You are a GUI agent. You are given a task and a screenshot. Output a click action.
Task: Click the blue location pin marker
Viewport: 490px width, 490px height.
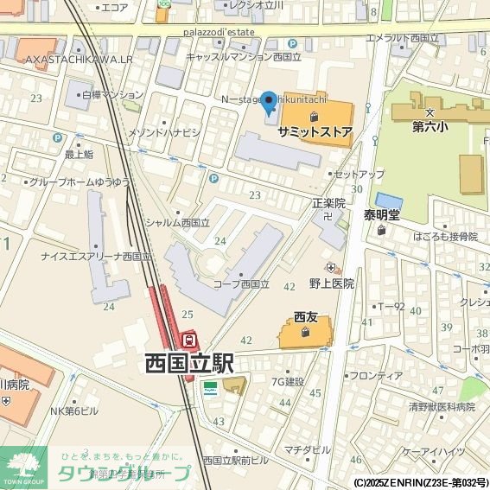269,103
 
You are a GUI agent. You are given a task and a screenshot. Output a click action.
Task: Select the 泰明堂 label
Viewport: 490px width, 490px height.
381,214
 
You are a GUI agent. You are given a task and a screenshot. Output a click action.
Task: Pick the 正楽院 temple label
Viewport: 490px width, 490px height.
328,204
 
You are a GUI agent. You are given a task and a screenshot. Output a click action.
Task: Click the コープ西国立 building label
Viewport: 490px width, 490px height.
242,283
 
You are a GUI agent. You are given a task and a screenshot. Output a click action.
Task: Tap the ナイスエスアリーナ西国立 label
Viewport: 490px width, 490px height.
96,257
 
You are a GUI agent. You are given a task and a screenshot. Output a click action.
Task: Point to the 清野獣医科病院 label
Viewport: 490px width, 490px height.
442,406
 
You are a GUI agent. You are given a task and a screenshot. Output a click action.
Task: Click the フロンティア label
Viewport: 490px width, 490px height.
375,376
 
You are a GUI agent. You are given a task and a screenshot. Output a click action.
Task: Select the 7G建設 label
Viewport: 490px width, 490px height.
287,381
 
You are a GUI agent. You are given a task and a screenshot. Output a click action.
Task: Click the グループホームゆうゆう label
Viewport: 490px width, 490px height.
80,182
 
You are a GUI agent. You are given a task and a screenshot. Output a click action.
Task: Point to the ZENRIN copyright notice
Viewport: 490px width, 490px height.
420,482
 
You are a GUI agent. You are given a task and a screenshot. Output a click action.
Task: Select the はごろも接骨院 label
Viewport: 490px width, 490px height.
445,236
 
